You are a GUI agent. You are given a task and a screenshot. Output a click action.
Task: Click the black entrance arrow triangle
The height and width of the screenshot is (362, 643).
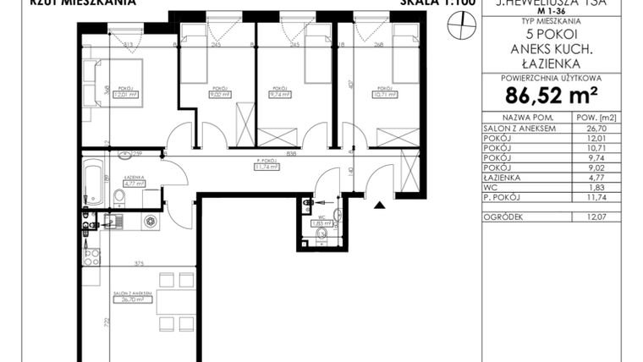(x=380, y=204)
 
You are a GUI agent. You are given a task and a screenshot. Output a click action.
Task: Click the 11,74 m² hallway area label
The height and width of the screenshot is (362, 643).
(x=270, y=167)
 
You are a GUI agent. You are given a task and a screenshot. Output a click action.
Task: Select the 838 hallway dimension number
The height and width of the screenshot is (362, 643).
(x=268, y=154)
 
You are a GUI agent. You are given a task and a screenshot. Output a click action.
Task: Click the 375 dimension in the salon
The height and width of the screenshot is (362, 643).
(x=149, y=263)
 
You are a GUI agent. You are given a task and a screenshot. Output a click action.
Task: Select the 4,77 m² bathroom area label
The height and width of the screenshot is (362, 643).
(x=131, y=182)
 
